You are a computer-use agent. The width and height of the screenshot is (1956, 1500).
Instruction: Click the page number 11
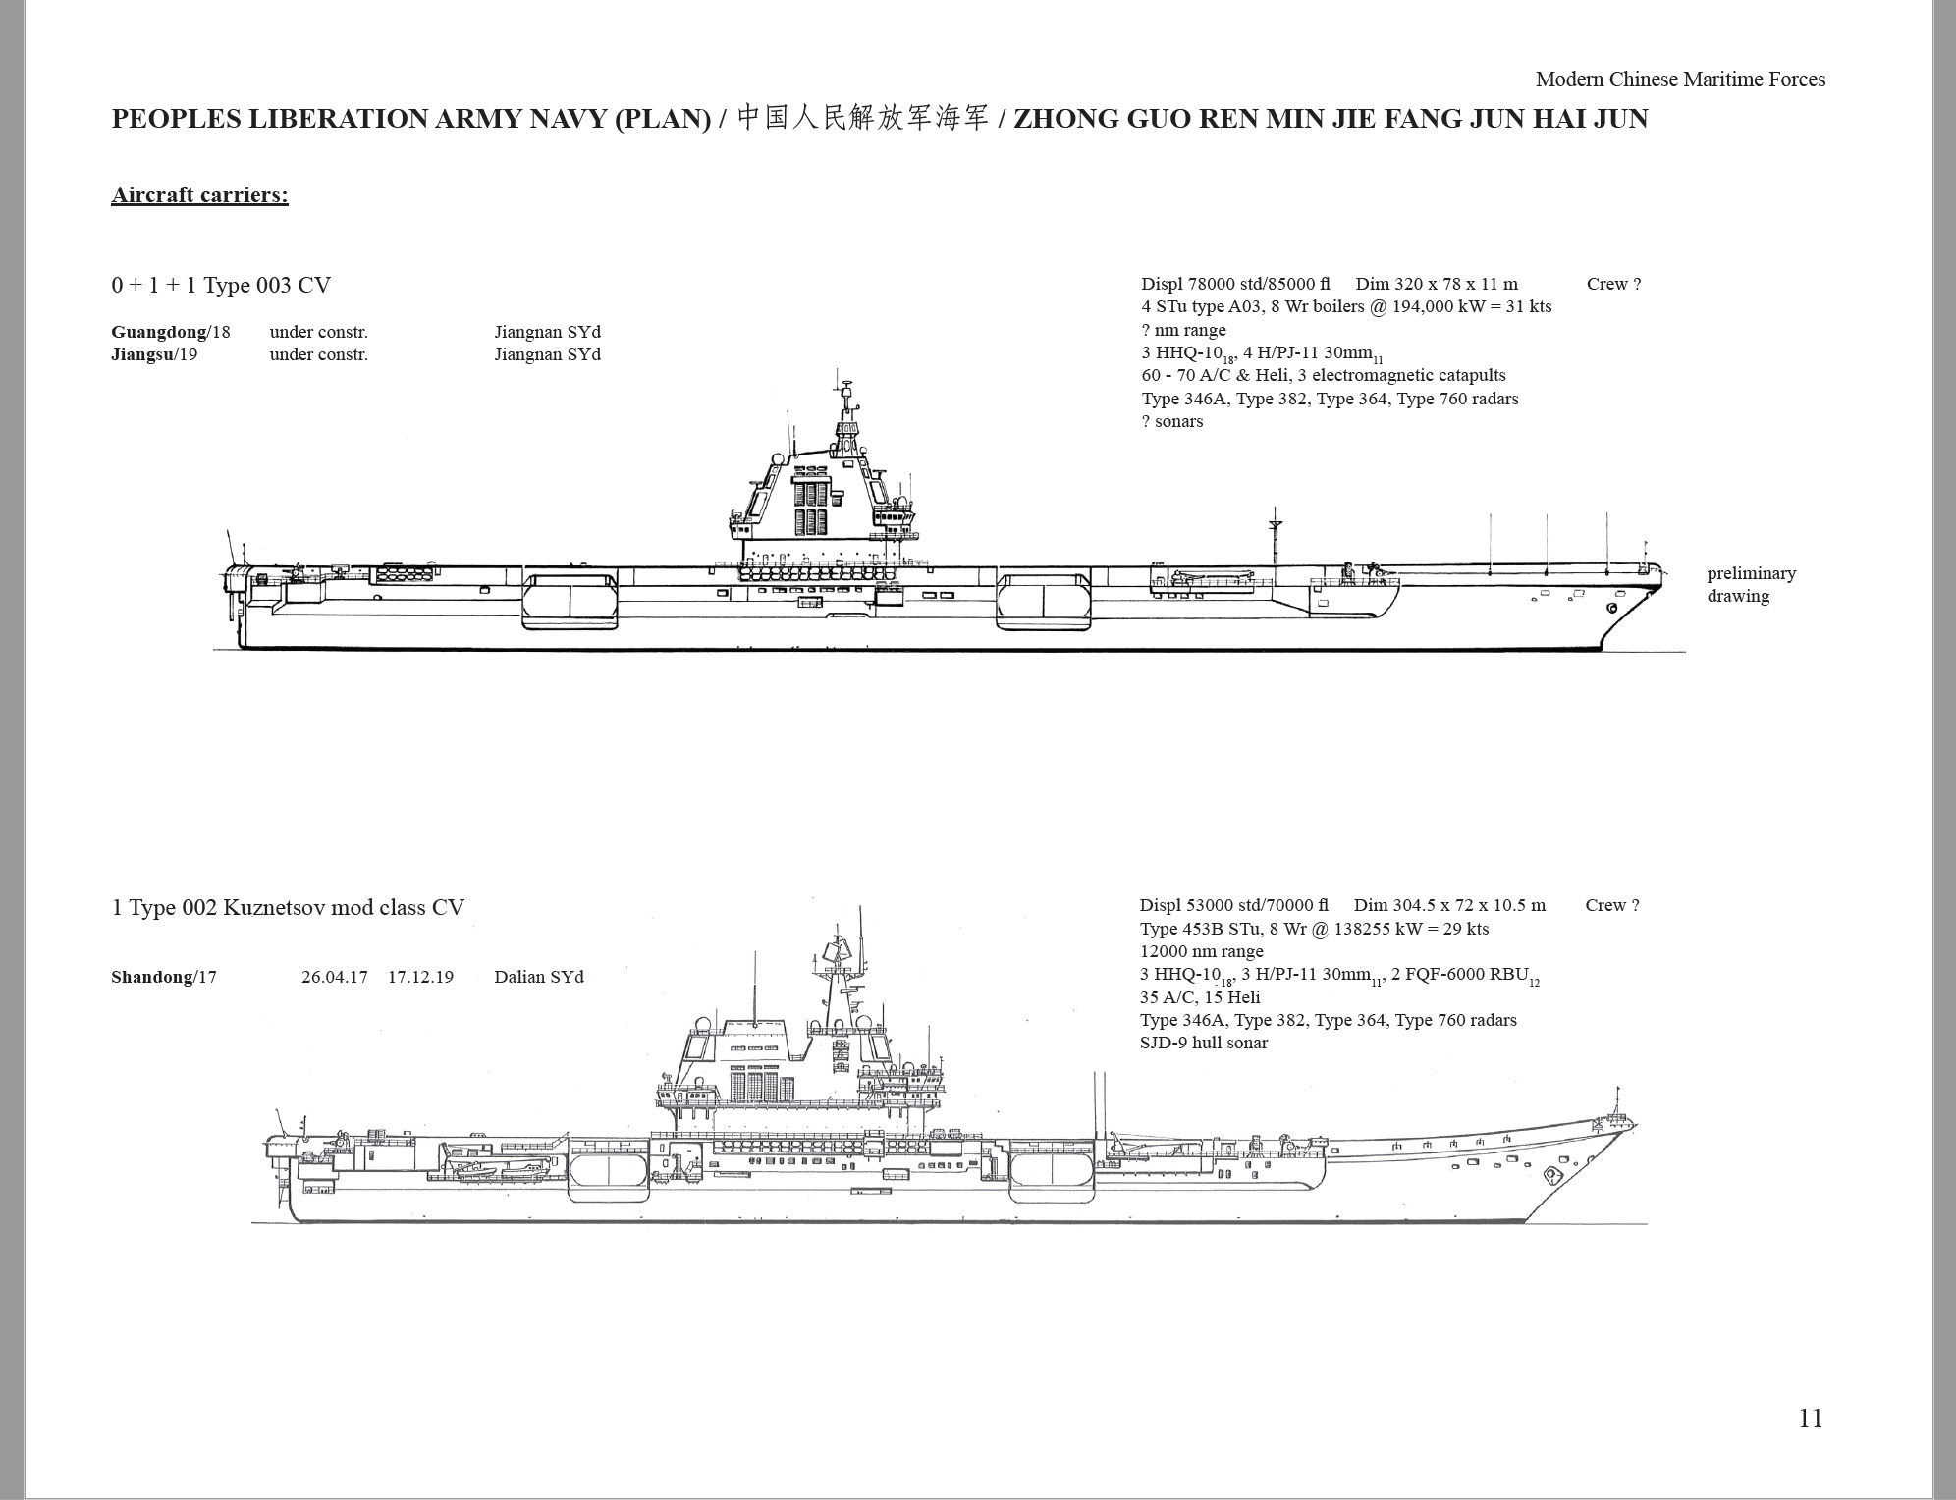click(x=1811, y=1419)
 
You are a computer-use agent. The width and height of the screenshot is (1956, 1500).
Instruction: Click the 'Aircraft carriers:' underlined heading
click(x=200, y=194)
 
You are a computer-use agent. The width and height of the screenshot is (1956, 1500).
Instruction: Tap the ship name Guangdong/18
click(x=171, y=332)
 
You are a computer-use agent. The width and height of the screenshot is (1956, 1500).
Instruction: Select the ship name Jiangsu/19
click(x=154, y=354)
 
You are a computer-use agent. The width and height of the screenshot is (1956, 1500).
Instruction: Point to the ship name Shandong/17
click(x=164, y=977)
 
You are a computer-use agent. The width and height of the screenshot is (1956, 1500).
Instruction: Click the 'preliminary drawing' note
click(x=1751, y=585)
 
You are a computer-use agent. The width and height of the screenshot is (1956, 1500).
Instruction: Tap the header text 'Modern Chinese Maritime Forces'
click(x=1680, y=80)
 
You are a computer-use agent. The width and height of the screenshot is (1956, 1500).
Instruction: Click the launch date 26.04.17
click(x=335, y=977)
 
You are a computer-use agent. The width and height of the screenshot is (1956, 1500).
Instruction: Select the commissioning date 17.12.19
click(x=420, y=977)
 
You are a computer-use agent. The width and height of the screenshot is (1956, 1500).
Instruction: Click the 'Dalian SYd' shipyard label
click(x=539, y=977)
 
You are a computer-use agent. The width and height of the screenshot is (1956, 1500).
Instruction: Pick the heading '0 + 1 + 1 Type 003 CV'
click(x=221, y=286)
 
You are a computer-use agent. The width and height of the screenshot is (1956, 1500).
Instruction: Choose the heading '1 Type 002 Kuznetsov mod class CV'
click(x=288, y=907)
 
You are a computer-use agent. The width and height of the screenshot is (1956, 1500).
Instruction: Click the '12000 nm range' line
click(x=1202, y=951)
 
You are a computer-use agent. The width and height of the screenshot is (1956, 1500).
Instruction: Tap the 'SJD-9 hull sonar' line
click(x=1204, y=1043)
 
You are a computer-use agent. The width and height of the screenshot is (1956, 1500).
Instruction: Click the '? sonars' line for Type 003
click(x=1172, y=421)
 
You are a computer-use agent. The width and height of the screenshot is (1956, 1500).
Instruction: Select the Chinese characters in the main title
click(x=862, y=119)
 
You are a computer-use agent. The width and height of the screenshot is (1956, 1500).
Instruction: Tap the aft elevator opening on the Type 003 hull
click(x=570, y=600)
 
